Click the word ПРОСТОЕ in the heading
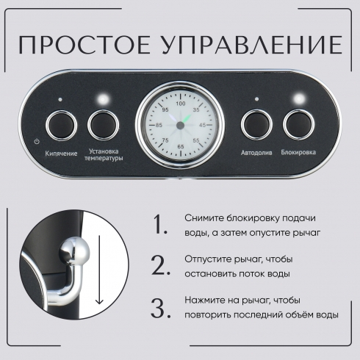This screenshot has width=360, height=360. (x=84, y=45)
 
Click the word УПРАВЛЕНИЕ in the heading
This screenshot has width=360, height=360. (x=252, y=45)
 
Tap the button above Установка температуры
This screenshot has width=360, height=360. (x=104, y=125)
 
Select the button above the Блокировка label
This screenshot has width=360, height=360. (x=298, y=125)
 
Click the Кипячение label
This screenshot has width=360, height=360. (x=61, y=154)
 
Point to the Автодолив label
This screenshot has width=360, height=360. (x=256, y=153)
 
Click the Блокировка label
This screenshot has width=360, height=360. (x=298, y=152)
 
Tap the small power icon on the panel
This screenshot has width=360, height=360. (x=37, y=142)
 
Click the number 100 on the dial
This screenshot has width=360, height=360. (x=181, y=104)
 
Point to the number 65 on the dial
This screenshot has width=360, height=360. (x=181, y=146)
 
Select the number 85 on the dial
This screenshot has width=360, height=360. (x=159, y=125)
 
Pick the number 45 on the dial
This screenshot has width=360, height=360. (x=203, y=125)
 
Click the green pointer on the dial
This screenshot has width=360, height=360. (x=187, y=119)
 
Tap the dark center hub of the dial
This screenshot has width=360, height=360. (x=181, y=126)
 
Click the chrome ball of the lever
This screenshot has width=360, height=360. (x=74, y=253)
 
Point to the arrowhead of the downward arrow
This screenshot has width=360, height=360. (x=99, y=300)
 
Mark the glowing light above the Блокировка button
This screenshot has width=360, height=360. (x=299, y=99)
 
